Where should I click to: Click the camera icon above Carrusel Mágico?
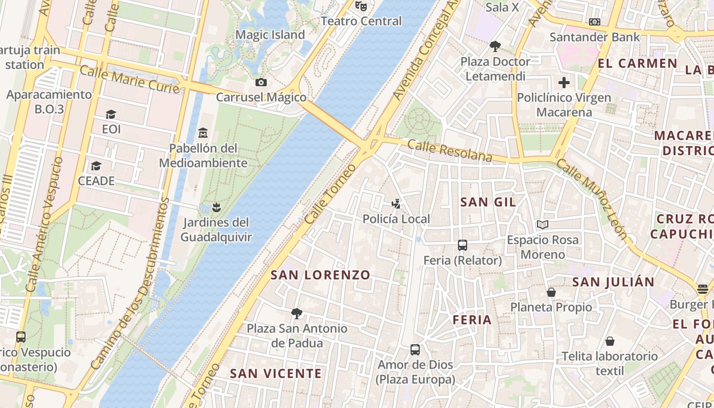tap(261, 82)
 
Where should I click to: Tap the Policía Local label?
tap(396, 219)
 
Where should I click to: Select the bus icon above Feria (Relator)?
tap(463, 245)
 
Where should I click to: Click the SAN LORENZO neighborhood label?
tap(320, 275)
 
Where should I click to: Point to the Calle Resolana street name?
tap(450, 151)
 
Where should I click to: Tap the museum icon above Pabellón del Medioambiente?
tap(203, 133)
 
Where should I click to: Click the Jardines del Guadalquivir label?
tap(216, 230)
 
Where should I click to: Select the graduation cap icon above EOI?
tap(111, 114)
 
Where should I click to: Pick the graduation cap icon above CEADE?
tap(96, 166)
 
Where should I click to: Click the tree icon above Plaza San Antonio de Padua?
tap(297, 313)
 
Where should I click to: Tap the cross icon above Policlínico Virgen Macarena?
tap(564, 82)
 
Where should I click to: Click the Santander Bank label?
tap(594, 37)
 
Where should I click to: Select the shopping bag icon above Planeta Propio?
tap(551, 292)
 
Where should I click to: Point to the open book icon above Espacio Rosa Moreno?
tap(543, 224)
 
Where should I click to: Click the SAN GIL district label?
tap(488, 202)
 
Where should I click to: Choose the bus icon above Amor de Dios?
tap(415, 350)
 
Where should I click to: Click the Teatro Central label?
tap(361, 21)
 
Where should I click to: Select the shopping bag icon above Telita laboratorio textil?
tap(609, 341)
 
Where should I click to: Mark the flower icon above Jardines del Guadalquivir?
tap(216, 207)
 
